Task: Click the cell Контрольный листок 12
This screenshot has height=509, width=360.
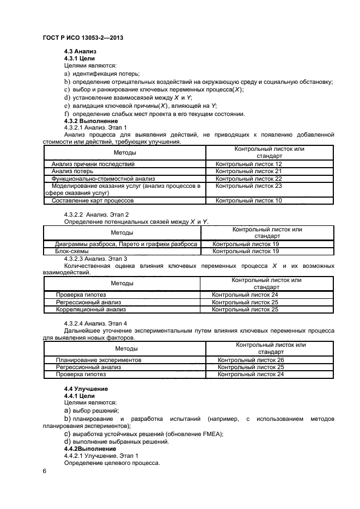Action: [248, 164]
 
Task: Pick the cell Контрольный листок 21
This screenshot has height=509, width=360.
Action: [248, 171]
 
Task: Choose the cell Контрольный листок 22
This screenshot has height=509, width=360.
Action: [248, 179]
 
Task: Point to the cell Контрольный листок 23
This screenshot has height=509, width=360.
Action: [248, 186]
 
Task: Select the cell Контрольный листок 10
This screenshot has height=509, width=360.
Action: [248, 201]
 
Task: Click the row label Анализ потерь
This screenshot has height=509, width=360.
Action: [72, 171]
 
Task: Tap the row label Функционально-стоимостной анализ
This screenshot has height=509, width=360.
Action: [103, 179]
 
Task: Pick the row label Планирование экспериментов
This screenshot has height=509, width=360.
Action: [99, 360]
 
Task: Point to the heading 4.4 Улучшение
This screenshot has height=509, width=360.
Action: [86, 389]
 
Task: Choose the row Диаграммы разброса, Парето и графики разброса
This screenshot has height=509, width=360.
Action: [126, 244]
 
